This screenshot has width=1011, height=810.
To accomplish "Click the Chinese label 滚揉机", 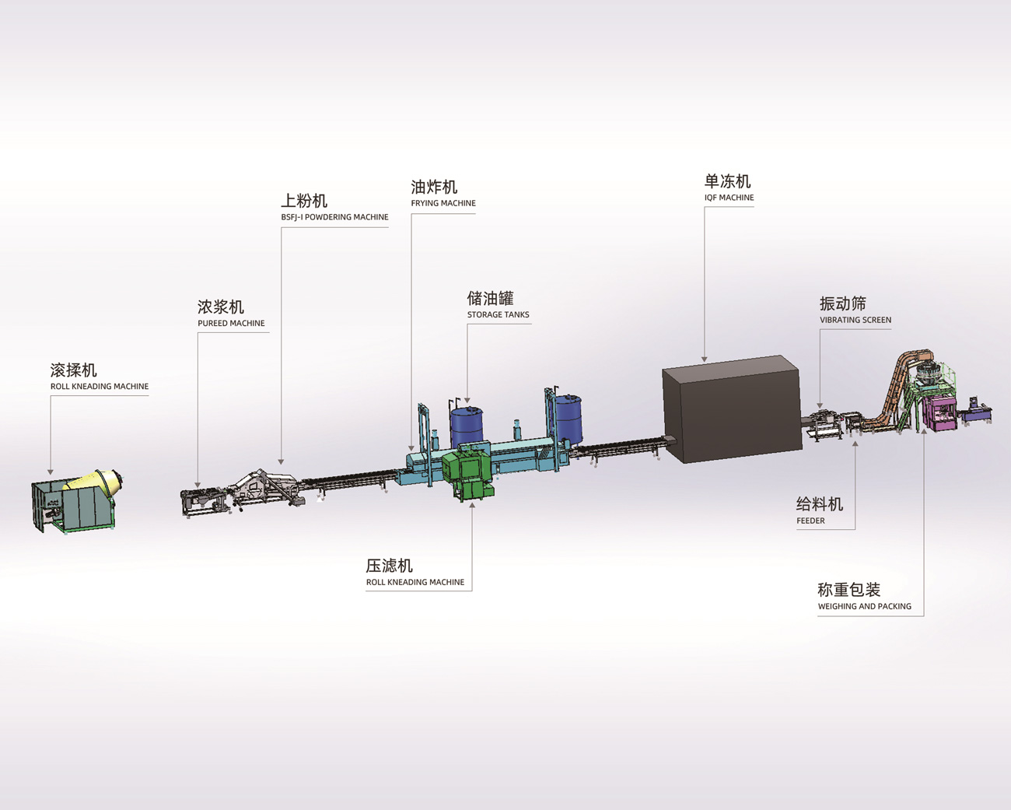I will pyautogui.click(x=74, y=370).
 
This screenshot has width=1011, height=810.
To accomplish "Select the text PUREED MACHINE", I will pyautogui.click(x=231, y=323).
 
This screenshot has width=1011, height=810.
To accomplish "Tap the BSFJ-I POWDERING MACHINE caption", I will pyautogui.click(x=334, y=217).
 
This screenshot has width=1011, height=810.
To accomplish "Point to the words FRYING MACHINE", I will pyautogui.click(x=443, y=203).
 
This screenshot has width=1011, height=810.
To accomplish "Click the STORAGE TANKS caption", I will pyautogui.click(x=498, y=314).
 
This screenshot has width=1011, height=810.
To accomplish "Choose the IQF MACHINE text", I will pyautogui.click(x=729, y=198).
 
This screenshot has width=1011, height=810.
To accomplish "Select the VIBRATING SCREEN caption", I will pyautogui.click(x=855, y=320).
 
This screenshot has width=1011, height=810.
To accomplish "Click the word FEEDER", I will pyautogui.click(x=810, y=521).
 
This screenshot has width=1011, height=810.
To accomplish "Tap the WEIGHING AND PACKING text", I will pyautogui.click(x=864, y=606).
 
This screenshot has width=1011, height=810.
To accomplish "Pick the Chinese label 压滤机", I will pyautogui.click(x=389, y=566).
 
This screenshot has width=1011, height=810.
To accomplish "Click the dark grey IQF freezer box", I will pyautogui.click(x=731, y=409).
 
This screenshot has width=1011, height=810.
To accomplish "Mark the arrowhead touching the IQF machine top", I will pyautogui.click(x=705, y=359).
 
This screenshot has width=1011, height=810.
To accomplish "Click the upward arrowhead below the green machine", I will pyautogui.click(x=472, y=505).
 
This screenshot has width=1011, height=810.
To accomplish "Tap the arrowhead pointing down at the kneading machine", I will pyautogui.click(x=51, y=472).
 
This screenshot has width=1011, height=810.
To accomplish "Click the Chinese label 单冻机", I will pyautogui.click(x=727, y=181).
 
